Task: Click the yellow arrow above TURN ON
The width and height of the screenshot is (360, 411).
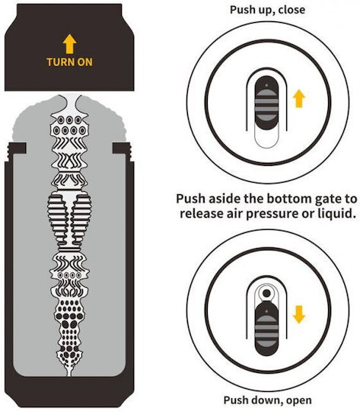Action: coord(69,43)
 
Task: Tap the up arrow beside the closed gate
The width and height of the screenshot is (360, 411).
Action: coord(299,98)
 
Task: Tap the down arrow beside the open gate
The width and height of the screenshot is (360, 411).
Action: coord(299,314)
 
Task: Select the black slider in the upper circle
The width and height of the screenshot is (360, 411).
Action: coord(266,103)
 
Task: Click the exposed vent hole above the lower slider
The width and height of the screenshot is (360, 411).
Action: coord(266,293)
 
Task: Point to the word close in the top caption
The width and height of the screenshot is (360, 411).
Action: coord(292,10)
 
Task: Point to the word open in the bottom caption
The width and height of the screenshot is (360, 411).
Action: coord(299,401)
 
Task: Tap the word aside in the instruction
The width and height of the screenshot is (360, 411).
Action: coord(225,199)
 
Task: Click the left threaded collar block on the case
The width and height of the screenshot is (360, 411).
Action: coord(17,148)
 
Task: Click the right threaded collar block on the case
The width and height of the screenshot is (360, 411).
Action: coord(122,148)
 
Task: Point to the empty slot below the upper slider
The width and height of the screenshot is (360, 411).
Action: coord(266,139)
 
